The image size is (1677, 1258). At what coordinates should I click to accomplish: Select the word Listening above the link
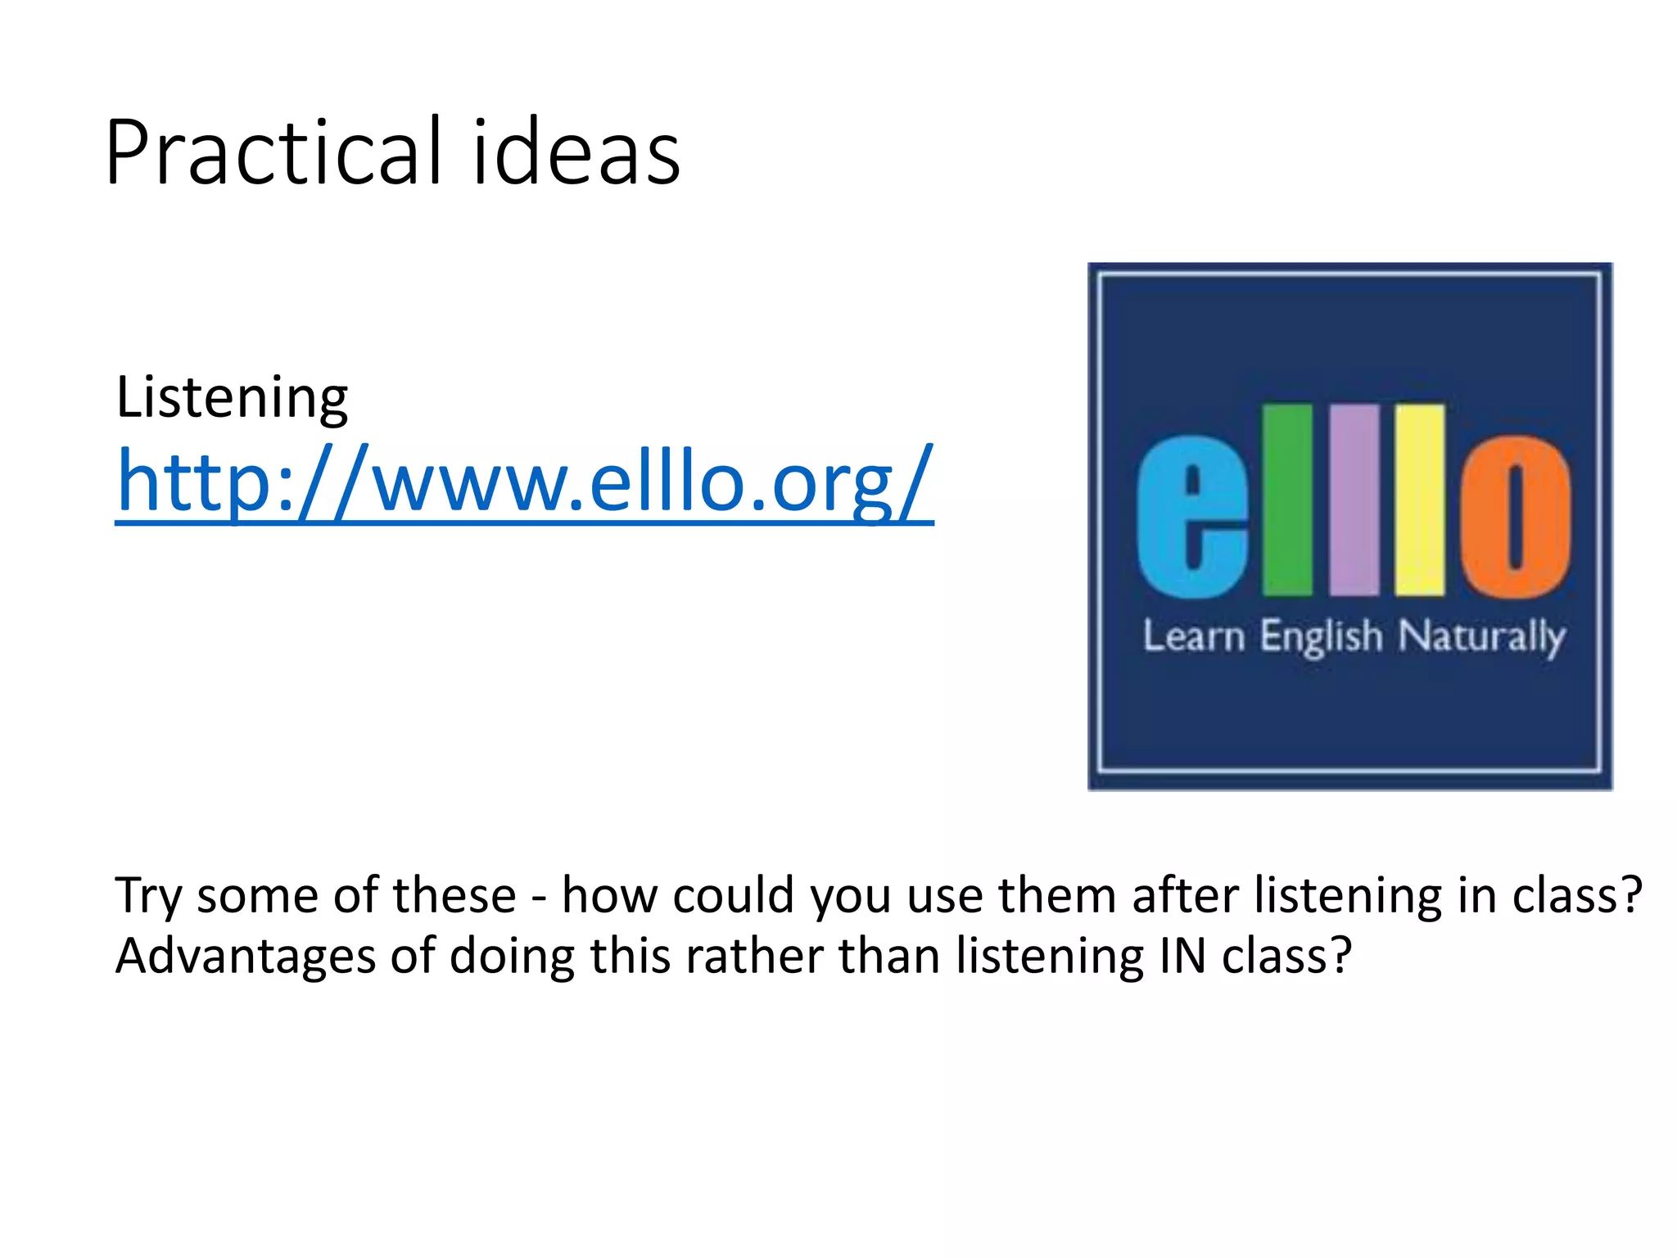[x=232, y=398]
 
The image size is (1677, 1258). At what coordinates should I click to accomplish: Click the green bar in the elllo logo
[x=1287, y=500]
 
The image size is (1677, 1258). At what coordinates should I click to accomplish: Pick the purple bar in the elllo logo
[x=1354, y=500]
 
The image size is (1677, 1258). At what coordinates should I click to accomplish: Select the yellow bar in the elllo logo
[x=1420, y=500]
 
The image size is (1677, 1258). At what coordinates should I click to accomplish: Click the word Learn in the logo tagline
[x=1194, y=636]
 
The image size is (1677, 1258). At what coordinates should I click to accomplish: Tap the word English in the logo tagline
[x=1321, y=636]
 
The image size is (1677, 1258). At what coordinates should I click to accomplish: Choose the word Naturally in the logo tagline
[x=1481, y=636]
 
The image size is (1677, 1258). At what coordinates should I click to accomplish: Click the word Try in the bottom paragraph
[x=147, y=896]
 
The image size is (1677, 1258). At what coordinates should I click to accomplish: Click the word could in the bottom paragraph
[x=733, y=894]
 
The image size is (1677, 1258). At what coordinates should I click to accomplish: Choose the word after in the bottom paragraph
[x=1184, y=894]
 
